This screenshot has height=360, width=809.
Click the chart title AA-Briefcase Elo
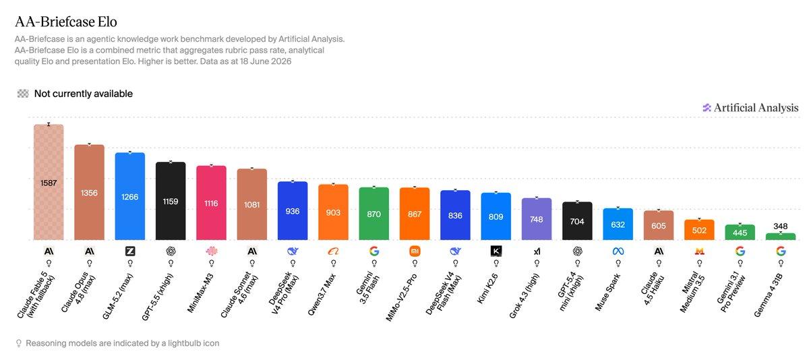[x=66, y=22]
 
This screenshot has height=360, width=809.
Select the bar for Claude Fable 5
[x=49, y=182]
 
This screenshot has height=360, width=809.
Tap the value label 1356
[x=89, y=193]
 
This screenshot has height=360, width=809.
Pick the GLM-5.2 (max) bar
[x=130, y=196]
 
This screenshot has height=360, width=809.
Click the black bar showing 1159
[x=171, y=201]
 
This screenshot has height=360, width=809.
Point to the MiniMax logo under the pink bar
[x=211, y=251]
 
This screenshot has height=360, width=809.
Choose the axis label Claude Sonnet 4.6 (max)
[x=239, y=295]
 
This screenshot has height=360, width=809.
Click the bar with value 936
[x=293, y=211]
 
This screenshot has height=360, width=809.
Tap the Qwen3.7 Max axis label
[x=322, y=295]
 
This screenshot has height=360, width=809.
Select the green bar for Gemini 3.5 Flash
[x=373, y=214]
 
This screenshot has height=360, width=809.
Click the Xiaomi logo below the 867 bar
[x=415, y=251]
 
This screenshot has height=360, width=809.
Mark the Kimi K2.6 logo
[x=496, y=251]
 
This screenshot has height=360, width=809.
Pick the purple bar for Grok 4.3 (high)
[x=537, y=219]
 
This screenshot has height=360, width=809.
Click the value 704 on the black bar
[x=577, y=221]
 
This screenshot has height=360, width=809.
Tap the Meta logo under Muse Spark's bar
[x=618, y=251]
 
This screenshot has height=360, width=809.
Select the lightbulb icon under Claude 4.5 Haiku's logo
[x=659, y=263]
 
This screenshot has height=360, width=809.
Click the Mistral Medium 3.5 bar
[x=699, y=230]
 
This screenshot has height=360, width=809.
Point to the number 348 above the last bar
[x=781, y=227]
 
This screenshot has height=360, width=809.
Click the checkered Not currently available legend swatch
[x=23, y=94]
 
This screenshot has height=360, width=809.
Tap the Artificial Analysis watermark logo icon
[x=707, y=108]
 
